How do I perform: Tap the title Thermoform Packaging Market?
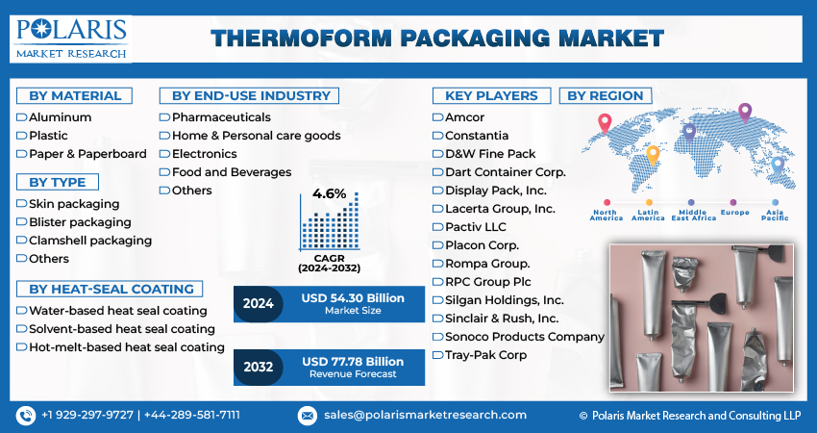point(437,38)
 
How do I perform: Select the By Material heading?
point(75,95)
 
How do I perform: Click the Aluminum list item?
point(61,117)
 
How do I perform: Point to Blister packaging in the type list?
point(80,222)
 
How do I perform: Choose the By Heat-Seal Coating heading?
point(111,289)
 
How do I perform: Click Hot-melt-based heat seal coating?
point(127,347)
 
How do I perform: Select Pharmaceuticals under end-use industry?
point(221,117)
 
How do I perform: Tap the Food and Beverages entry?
point(231,172)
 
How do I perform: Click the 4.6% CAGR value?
point(329,194)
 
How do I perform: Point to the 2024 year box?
point(258,304)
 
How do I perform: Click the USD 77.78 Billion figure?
point(353,361)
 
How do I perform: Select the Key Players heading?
point(490,95)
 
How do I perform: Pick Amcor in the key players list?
point(464,117)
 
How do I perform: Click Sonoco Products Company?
point(524,337)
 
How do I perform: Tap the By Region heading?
point(607,95)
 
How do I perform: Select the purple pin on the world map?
point(744,114)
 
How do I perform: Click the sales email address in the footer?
point(425,415)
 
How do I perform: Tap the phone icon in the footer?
point(25,416)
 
